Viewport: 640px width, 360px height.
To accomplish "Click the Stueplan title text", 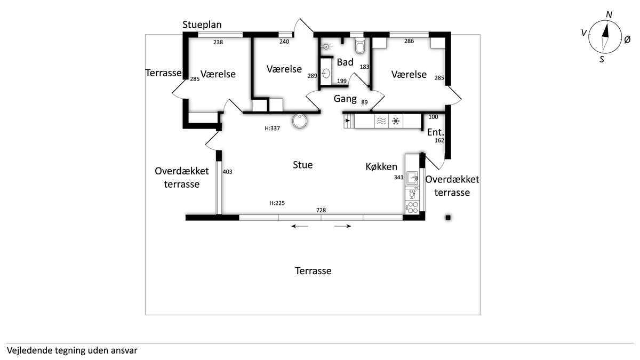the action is [x=202, y=25].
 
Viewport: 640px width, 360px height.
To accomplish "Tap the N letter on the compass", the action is [x=609, y=14].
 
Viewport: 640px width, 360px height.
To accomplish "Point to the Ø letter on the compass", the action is [x=627, y=39].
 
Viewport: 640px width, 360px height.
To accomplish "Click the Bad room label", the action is [x=345, y=62].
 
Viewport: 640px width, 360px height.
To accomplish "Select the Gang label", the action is [x=345, y=99].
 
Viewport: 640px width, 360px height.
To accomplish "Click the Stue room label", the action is [x=302, y=165].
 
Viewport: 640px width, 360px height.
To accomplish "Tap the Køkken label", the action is [x=381, y=166].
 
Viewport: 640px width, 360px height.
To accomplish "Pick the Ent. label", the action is [x=436, y=132].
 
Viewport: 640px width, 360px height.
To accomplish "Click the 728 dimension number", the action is [x=321, y=210].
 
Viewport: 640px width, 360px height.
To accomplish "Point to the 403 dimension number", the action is [x=227, y=172].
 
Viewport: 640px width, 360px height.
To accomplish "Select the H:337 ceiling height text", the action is [x=273, y=129].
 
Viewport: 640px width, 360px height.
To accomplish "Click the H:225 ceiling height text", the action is [x=277, y=203].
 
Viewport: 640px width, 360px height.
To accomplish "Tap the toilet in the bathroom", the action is [x=360, y=46].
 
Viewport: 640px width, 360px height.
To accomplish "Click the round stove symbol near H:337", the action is [x=299, y=121].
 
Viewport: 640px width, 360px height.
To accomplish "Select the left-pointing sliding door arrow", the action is [x=300, y=226].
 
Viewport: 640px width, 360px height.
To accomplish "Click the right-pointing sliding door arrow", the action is [x=342, y=226].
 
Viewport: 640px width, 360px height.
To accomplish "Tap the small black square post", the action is [x=448, y=218].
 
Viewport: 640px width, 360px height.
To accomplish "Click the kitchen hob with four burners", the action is [x=412, y=207].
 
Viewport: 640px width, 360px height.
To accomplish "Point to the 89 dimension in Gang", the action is [x=364, y=102].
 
